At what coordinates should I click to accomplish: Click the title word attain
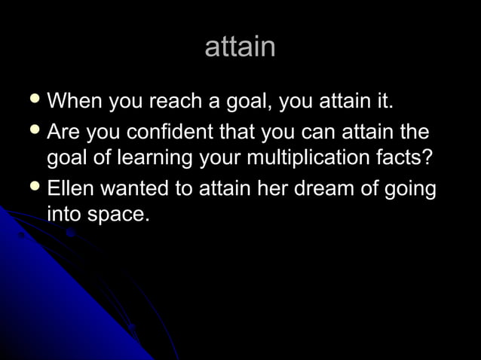coord(240,47)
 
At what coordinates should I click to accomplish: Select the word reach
coord(174,102)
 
